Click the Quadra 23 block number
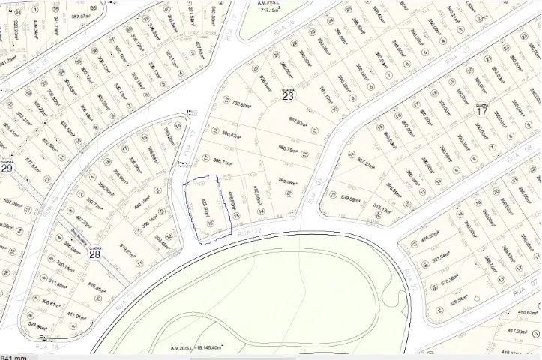click(288, 96)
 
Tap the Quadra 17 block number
click(482, 112)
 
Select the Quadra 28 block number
click(95, 254)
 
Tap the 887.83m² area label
click(298, 121)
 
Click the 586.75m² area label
click(289, 148)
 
